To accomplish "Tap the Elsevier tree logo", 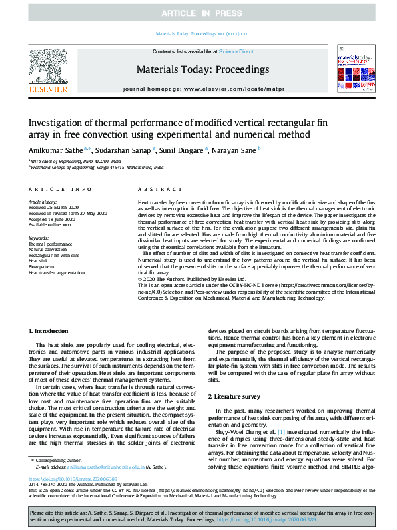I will [48, 69].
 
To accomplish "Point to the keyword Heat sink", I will [38, 261].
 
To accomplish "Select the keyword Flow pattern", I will [41, 267].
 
